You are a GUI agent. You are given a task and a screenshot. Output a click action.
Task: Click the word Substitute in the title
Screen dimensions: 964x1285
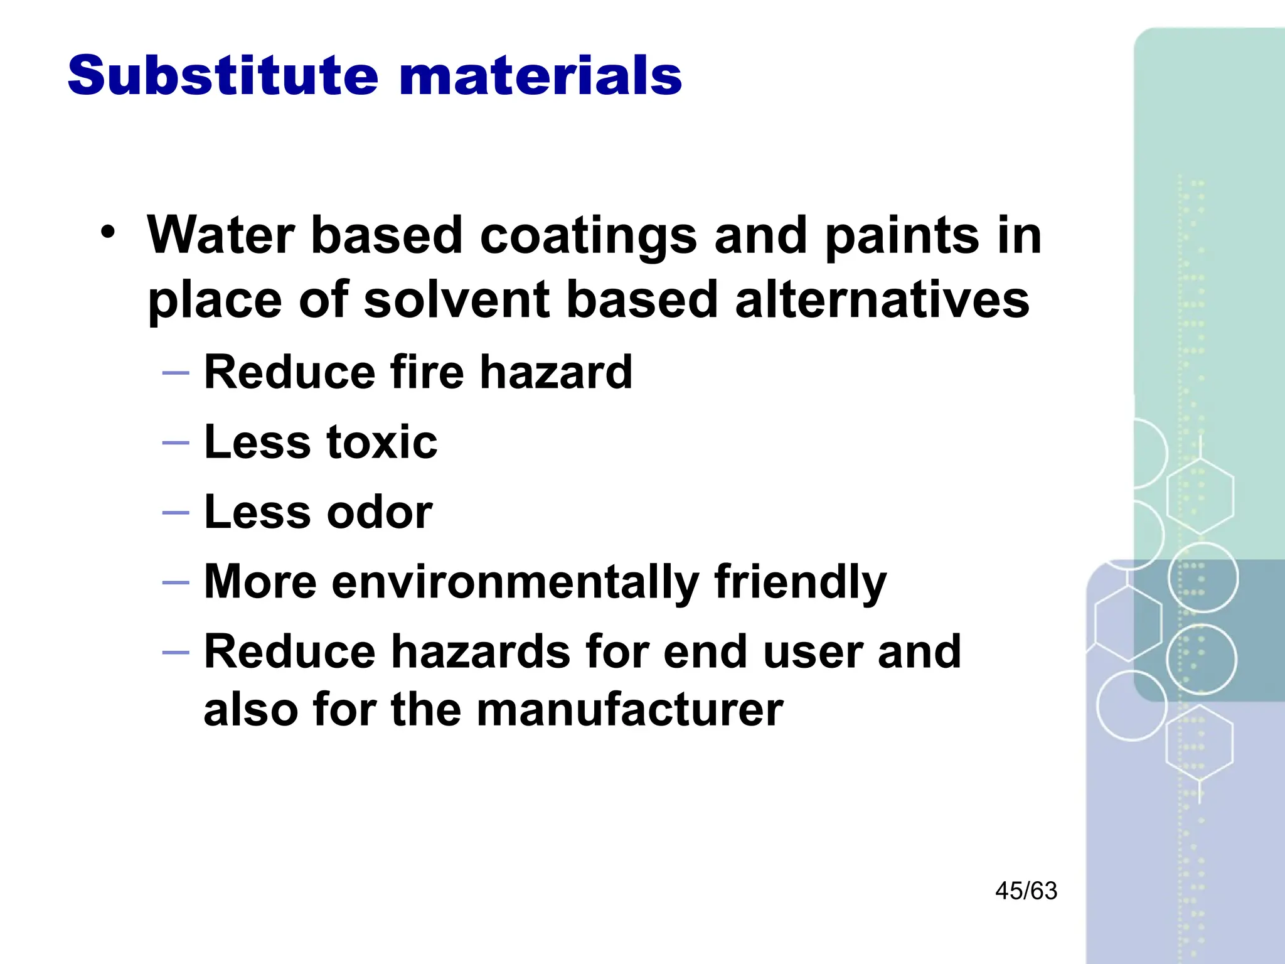[x=223, y=75]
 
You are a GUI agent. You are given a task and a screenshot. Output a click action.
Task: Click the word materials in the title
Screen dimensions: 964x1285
[x=540, y=75]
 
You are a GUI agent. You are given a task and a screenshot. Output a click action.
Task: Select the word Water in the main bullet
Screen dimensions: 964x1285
[x=220, y=235]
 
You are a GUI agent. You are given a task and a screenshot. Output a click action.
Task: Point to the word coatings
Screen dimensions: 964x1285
[x=588, y=237]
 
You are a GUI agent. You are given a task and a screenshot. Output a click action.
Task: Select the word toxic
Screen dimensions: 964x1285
[x=382, y=442]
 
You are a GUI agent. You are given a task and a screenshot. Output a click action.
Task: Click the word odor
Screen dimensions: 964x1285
[x=380, y=512]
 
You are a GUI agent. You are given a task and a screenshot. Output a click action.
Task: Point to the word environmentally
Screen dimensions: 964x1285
[x=515, y=582]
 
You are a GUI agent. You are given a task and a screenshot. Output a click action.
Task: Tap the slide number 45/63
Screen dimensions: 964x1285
[x=1026, y=891]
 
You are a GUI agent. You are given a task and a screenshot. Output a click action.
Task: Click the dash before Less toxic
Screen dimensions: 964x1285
[x=176, y=443]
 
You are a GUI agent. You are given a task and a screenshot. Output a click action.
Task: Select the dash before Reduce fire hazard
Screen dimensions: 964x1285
[x=176, y=373]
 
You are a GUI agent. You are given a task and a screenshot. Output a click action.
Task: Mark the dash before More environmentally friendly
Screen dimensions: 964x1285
[x=176, y=583]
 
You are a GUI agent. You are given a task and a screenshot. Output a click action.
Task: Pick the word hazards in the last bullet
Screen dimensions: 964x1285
[x=481, y=652]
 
